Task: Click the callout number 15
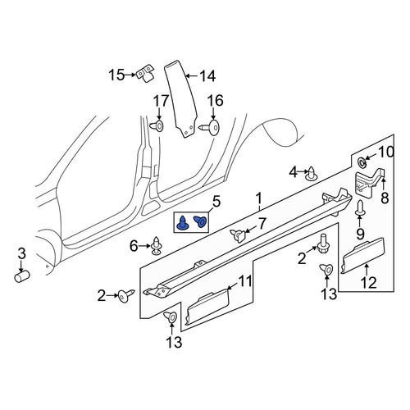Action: click(x=116, y=75)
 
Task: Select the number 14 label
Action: click(x=207, y=76)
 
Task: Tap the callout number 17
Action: click(x=161, y=101)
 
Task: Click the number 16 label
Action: click(x=216, y=101)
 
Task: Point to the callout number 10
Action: click(x=386, y=152)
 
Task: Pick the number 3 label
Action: click(x=21, y=253)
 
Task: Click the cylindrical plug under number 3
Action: click(x=22, y=276)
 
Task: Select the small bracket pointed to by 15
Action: click(x=145, y=73)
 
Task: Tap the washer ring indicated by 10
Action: click(x=362, y=163)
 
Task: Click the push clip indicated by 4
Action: click(x=311, y=174)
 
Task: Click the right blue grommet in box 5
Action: click(x=201, y=221)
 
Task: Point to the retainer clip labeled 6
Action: click(x=156, y=245)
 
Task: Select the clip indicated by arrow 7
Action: click(x=238, y=235)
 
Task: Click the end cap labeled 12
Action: click(x=362, y=256)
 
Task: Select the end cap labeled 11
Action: click(x=207, y=307)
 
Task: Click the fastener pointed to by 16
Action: click(x=210, y=126)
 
